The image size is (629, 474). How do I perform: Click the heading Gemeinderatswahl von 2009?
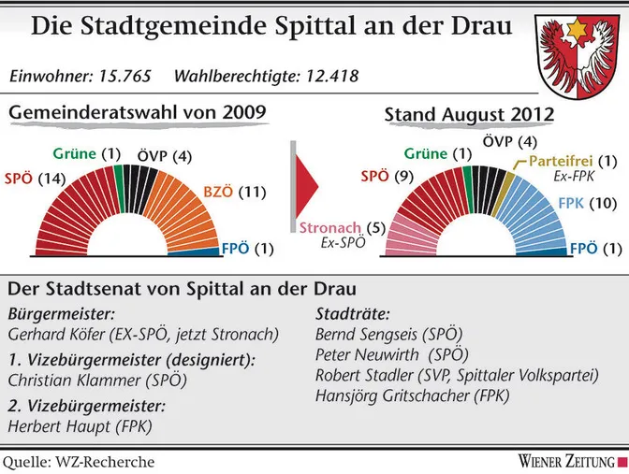[138, 113]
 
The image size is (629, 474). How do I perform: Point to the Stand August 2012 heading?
[469, 115]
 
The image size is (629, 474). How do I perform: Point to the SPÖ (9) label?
[387, 175]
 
